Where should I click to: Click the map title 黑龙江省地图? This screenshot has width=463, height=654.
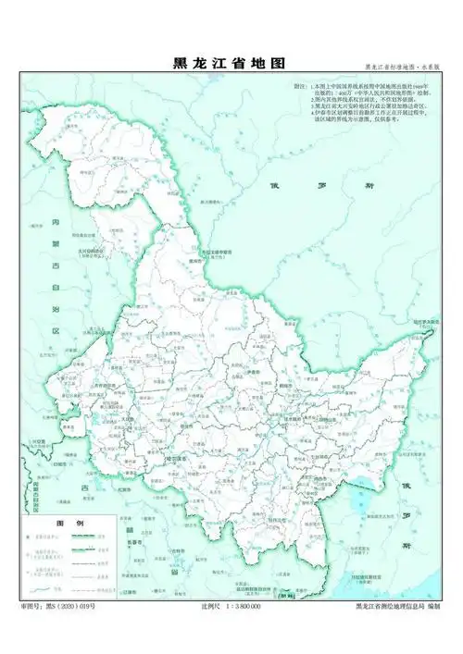(230, 63)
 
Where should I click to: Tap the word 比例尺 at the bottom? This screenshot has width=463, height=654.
(209, 605)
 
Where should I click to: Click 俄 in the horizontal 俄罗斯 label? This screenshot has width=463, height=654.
(274, 185)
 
